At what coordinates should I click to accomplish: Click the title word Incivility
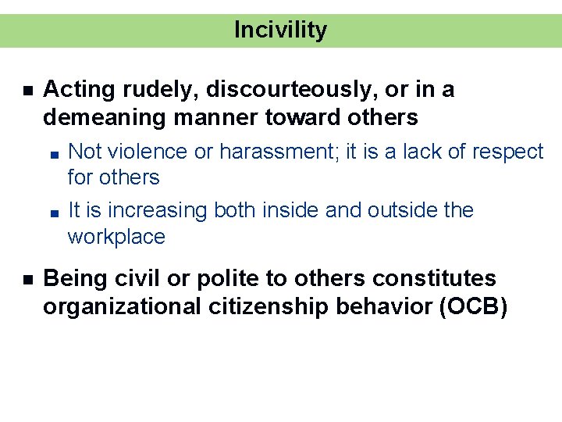280,30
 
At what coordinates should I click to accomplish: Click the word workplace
116,237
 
